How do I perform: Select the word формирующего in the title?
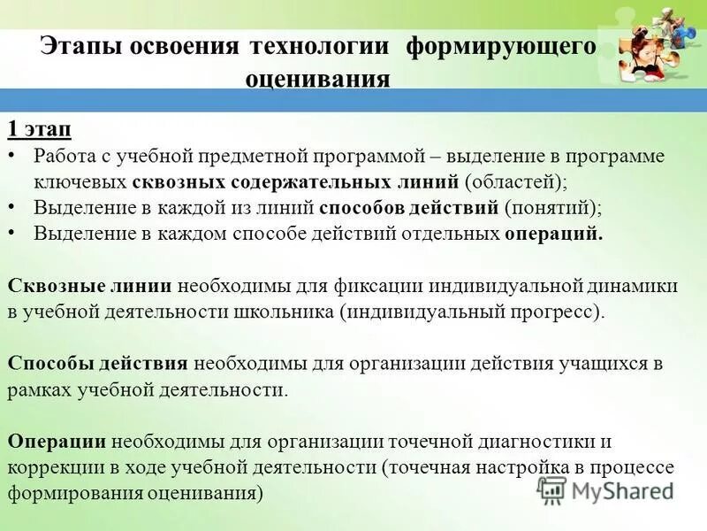pos(500,47)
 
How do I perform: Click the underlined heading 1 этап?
pos(40,129)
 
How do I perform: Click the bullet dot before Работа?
pos(11,157)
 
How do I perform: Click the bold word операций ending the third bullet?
pos(554,234)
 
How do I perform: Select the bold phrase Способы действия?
pos(97,364)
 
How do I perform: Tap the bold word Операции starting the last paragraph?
pos(57,441)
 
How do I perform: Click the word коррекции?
pos(57,466)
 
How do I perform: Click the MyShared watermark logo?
pos(605,489)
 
